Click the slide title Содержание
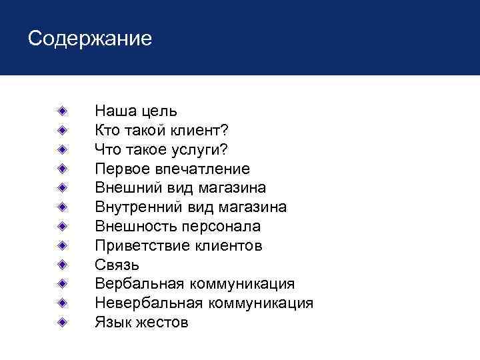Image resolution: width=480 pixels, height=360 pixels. (90, 38)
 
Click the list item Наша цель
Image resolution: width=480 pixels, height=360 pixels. (136, 111)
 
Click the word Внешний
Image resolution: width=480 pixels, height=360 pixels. (124, 188)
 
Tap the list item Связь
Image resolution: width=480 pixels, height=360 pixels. (117, 265)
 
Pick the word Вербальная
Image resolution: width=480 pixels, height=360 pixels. (140, 284)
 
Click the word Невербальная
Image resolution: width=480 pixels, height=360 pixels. (150, 303)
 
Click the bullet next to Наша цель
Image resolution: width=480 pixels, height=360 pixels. (61, 109)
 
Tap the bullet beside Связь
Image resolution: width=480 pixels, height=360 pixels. (61, 264)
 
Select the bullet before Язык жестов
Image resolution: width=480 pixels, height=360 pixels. (61, 322)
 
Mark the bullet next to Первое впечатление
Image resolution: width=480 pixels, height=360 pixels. (61, 167)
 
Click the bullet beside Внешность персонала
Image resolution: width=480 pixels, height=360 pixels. (61, 225)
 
